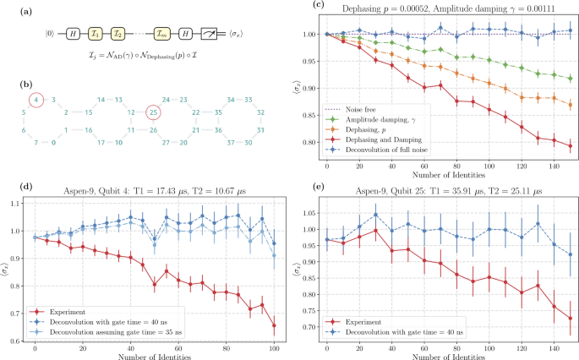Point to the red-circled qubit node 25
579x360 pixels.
click(x=152, y=109)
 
